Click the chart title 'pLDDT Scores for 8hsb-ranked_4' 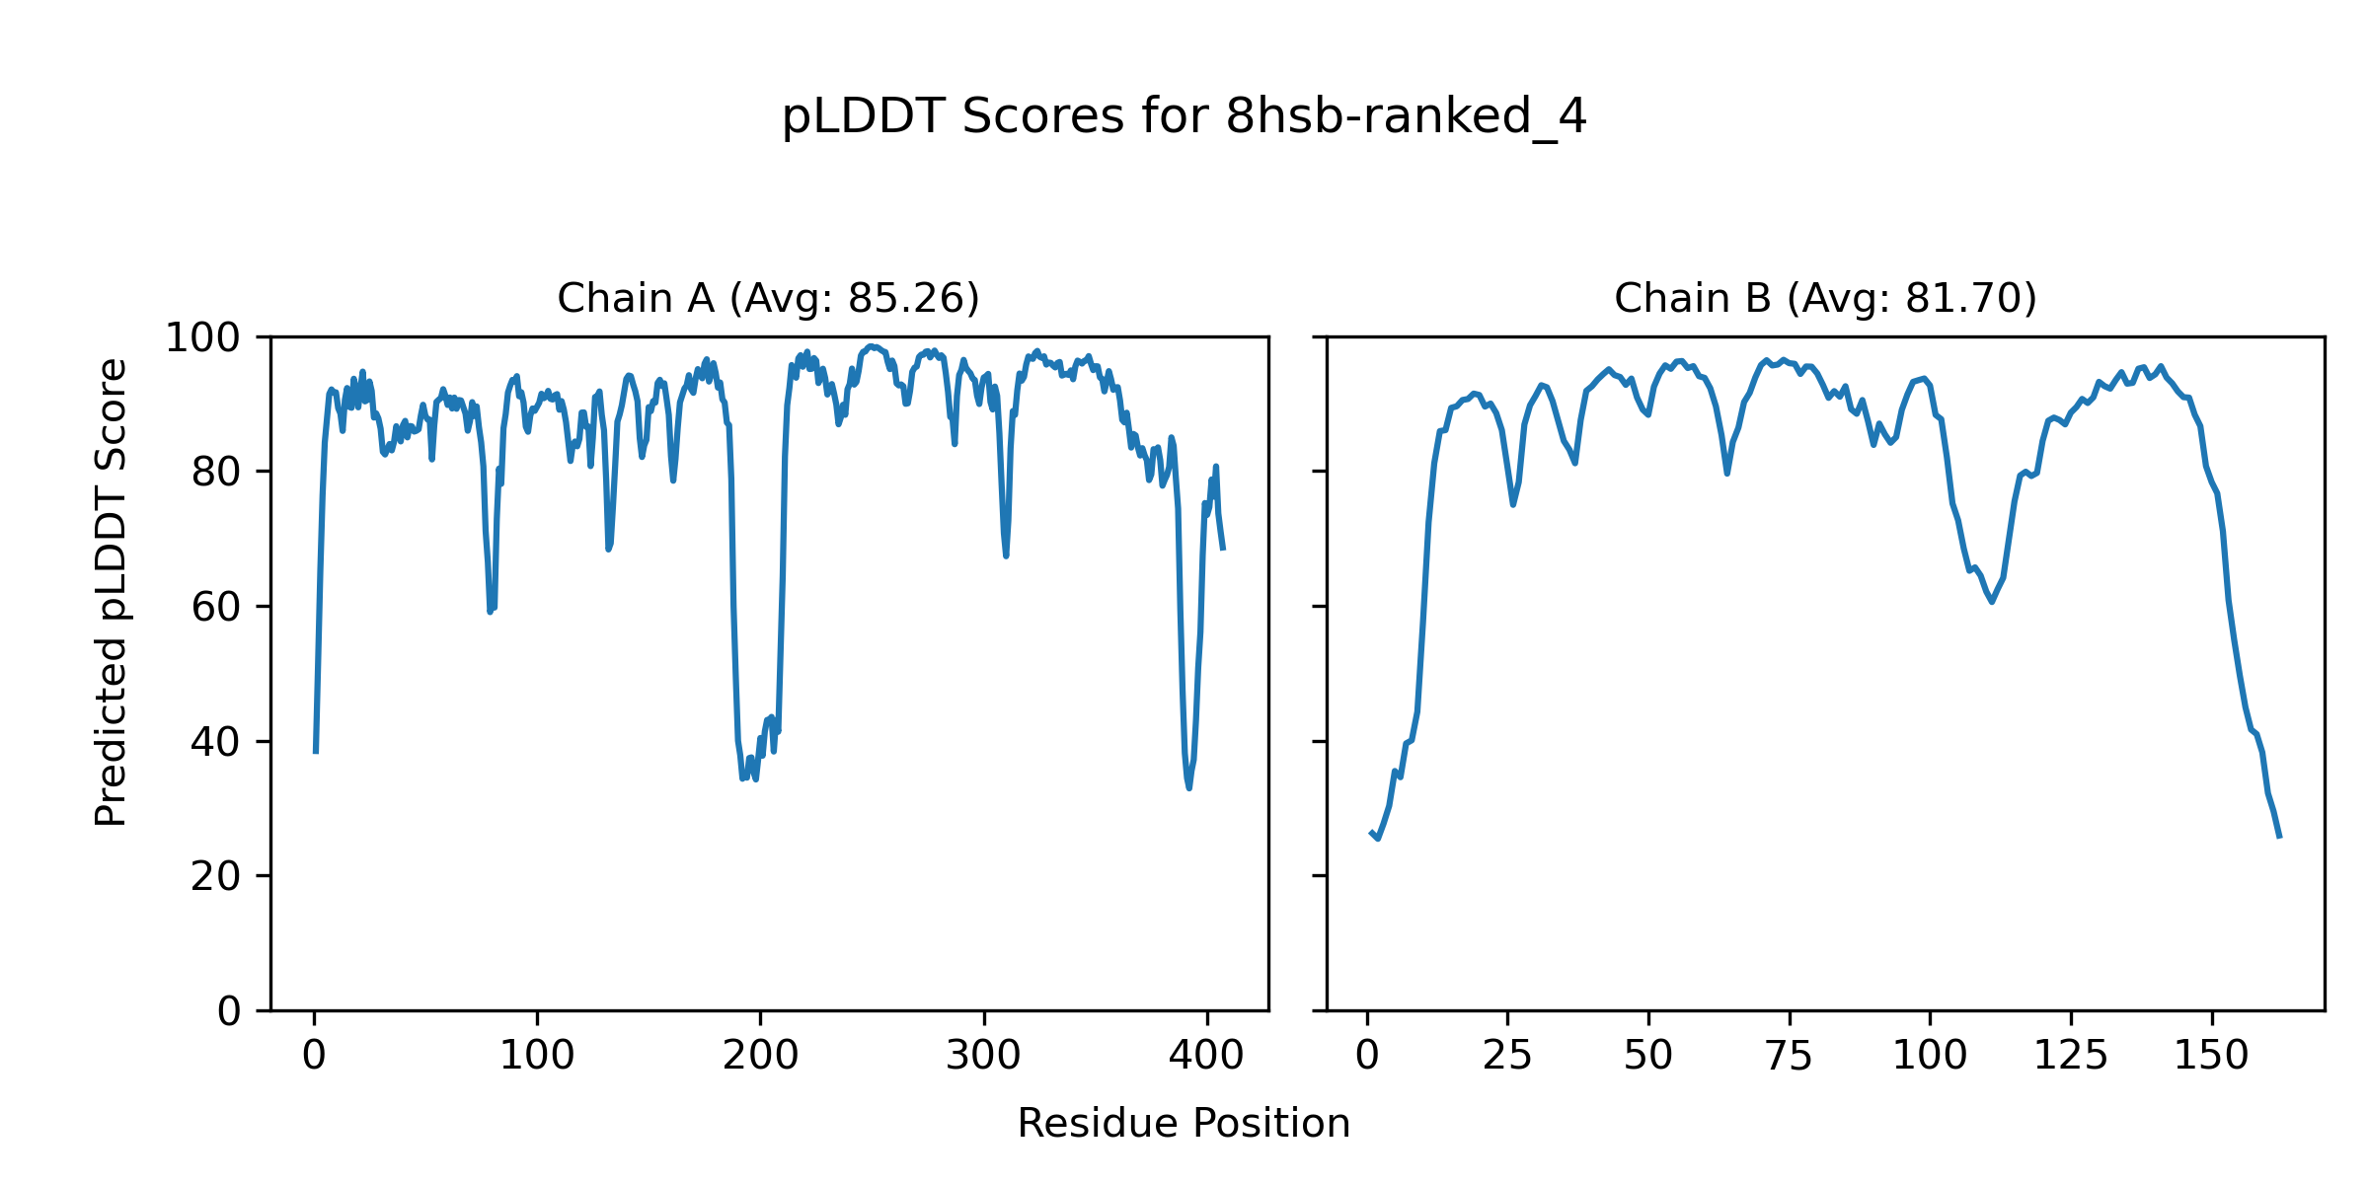click(x=1184, y=117)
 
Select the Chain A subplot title click(x=768, y=298)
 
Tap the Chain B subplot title click(x=1825, y=298)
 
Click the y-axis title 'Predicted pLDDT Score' click(x=112, y=592)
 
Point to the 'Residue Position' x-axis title click(x=1184, y=1124)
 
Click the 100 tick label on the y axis click(x=202, y=338)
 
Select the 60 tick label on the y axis click(x=216, y=608)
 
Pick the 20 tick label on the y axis click(x=216, y=876)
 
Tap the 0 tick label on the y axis click(x=229, y=1011)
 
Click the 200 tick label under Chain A click(x=760, y=1057)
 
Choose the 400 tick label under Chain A click(x=1206, y=1057)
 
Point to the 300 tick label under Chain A click(x=983, y=1057)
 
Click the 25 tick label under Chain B click(x=1507, y=1057)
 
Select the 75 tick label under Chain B click(x=1789, y=1057)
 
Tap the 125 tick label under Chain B click(x=2071, y=1057)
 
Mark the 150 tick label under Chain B click(x=2211, y=1057)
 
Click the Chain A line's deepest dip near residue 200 click(x=743, y=778)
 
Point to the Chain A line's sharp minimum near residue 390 click(x=1188, y=787)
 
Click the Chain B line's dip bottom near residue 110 click(x=1992, y=602)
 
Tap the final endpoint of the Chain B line click(x=2279, y=838)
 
